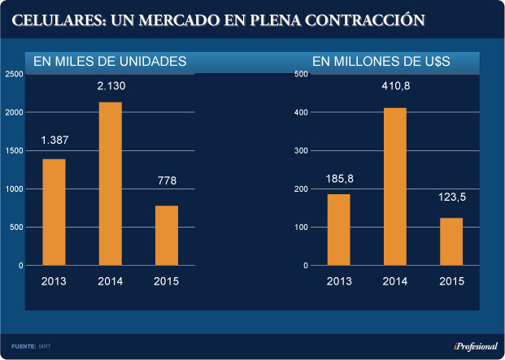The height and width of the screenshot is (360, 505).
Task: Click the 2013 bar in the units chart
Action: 54,212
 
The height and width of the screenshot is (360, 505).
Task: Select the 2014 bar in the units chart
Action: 110,184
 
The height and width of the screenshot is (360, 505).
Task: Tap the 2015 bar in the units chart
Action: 167,236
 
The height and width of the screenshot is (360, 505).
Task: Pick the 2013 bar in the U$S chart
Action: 338,230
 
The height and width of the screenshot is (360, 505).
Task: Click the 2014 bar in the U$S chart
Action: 395,186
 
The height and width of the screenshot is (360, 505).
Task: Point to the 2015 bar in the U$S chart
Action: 451,241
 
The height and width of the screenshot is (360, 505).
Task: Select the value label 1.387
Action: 54,141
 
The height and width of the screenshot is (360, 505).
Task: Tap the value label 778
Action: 167,181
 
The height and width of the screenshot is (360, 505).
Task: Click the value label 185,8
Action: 338,177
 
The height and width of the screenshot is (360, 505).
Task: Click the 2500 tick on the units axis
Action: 14,74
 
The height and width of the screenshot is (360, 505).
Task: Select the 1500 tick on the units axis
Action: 14,150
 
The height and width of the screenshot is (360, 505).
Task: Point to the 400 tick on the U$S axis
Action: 300,112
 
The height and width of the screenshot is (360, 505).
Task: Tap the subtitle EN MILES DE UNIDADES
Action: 110,61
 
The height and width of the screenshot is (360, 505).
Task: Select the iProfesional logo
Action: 476,346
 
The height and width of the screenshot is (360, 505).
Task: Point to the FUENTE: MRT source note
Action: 29,346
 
